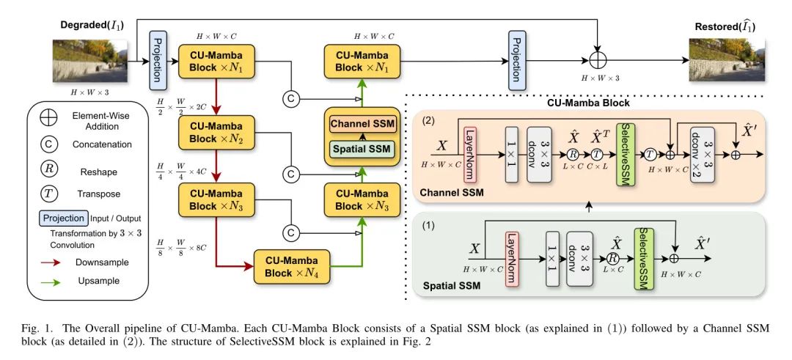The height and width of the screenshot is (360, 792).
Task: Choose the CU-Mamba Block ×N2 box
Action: coord(216,133)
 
